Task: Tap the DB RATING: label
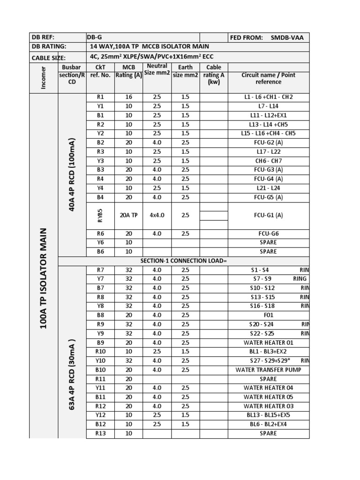49,47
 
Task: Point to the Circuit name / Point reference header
268,78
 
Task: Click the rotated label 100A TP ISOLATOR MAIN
44,277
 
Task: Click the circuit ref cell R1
100,97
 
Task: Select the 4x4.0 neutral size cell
157,216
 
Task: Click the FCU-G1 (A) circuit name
268,216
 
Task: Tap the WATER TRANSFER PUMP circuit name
268,370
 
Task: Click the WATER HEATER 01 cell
268,343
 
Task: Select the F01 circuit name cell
268,315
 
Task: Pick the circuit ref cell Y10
100,360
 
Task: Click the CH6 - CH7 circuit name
268,161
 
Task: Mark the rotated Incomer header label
44,77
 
